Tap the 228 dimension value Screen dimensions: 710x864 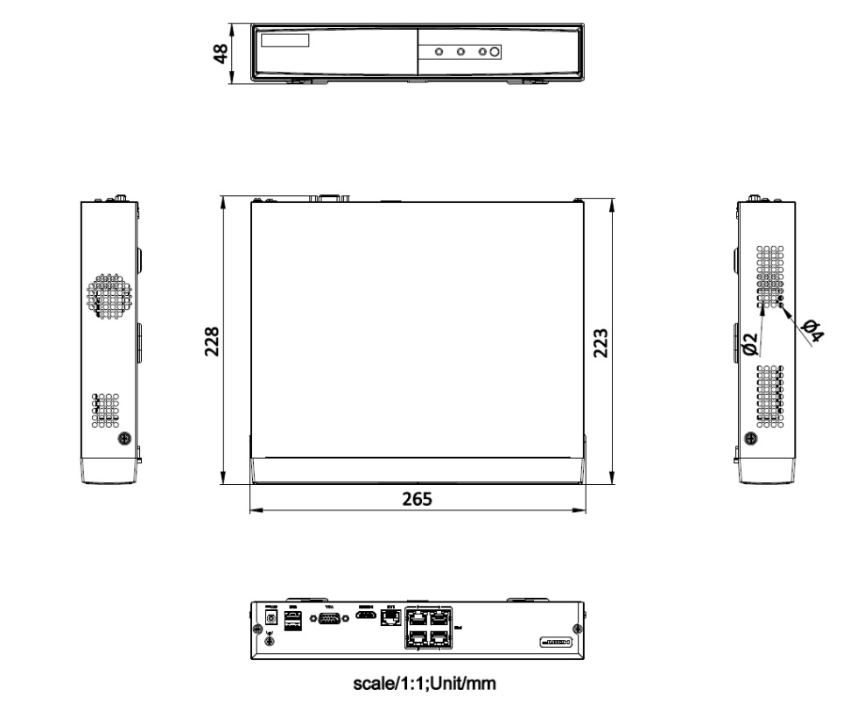[211, 342]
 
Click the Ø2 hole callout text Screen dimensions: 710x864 [750, 342]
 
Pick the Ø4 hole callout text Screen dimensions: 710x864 [811, 331]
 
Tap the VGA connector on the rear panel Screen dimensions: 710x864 [329, 619]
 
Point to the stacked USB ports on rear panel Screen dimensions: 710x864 [293, 621]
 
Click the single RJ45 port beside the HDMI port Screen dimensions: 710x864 [392, 618]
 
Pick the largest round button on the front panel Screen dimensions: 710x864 [495, 53]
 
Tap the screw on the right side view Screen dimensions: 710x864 [750, 439]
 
